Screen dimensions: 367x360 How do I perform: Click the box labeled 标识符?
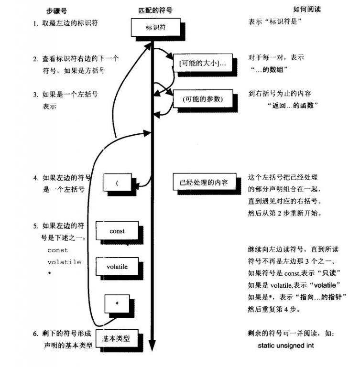pos(154,28)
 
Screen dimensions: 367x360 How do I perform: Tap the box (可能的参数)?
pos(203,99)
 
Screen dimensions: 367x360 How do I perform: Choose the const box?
pos(117,231)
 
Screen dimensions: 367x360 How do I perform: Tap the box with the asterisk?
pos(117,304)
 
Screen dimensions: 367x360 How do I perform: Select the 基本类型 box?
pos(116,338)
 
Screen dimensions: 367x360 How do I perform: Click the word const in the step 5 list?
pos(58,250)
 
